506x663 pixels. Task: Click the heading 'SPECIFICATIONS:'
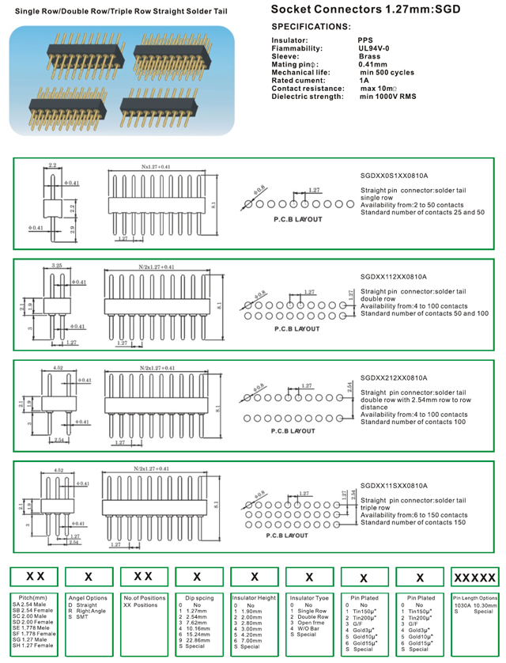click(x=311, y=27)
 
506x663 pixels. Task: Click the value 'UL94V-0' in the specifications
click(x=374, y=47)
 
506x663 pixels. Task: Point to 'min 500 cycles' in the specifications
click(x=387, y=72)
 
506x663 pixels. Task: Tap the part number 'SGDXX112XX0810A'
click(x=393, y=277)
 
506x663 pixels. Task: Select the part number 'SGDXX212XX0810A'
click(x=393, y=377)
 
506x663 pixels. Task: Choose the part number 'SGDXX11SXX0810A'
click(x=393, y=485)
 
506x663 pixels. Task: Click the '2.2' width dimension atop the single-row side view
click(x=52, y=165)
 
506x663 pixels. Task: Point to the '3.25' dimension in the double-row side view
click(x=56, y=266)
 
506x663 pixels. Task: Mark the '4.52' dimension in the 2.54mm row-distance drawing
click(x=58, y=367)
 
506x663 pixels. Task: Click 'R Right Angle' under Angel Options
click(x=88, y=610)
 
